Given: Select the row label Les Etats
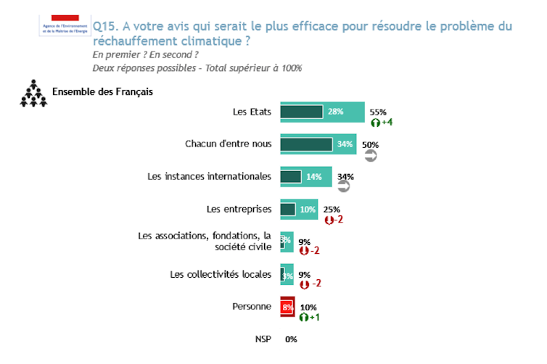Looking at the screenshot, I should pyautogui.click(x=252, y=112).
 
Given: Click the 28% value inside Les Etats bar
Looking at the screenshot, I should pyautogui.click(x=335, y=112).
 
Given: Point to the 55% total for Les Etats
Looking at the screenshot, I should pyautogui.click(x=378, y=112).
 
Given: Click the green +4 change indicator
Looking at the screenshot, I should pyautogui.click(x=382, y=122).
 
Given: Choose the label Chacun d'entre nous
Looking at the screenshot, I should pyautogui.click(x=229, y=144).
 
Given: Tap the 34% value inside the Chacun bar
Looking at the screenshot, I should pyautogui.click(x=345, y=144).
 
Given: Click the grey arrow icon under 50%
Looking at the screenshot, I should pyautogui.click(x=370, y=154).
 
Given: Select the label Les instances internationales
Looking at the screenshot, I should pyautogui.click(x=209, y=176).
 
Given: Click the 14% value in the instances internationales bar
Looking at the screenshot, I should pyautogui.click(x=315, y=176).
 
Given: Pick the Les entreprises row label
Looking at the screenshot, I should pyautogui.click(x=239, y=209).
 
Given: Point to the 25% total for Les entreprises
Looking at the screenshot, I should pyautogui.click(x=332, y=209).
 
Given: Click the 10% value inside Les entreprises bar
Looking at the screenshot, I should pyautogui.click(x=307, y=209).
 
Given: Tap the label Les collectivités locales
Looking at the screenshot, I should pyautogui.click(x=221, y=274).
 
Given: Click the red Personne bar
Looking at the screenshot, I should pyautogui.click(x=287, y=307).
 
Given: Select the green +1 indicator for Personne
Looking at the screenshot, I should pyautogui.click(x=310, y=318).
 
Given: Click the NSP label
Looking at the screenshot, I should pyautogui.click(x=263, y=339).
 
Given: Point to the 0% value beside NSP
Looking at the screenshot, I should pyautogui.click(x=291, y=339).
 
